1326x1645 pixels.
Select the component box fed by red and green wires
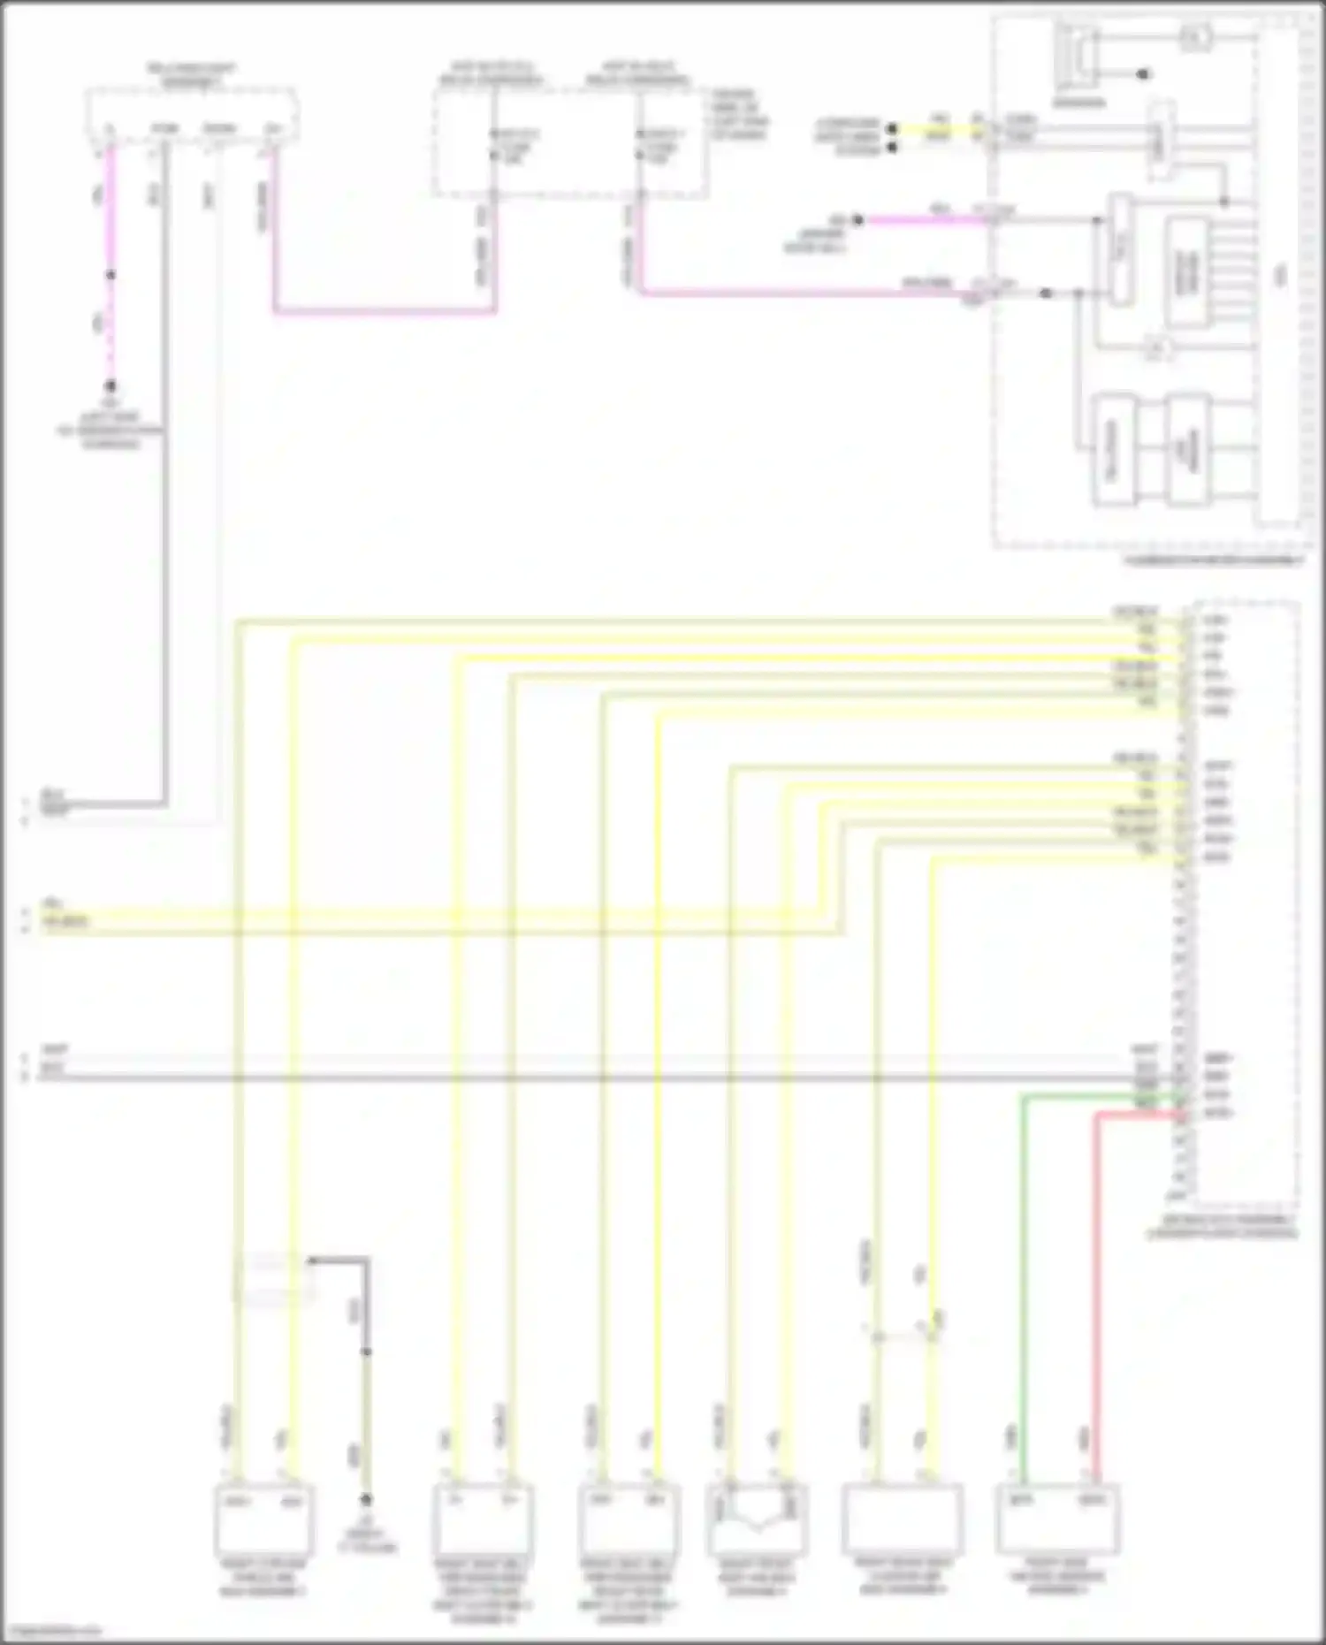coord(1058,1519)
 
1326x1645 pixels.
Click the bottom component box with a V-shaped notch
coord(757,1519)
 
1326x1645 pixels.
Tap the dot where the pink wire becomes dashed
coord(110,275)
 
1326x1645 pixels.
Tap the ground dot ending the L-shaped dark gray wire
coord(366,1500)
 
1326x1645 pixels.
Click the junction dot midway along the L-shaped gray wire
coord(366,1352)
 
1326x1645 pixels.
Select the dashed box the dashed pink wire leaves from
coord(190,115)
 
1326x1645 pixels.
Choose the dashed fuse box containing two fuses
coord(570,141)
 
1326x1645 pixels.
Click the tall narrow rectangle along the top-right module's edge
coord(1280,274)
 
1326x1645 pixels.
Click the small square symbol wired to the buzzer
coord(1195,37)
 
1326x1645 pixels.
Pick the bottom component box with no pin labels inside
coord(903,1519)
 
